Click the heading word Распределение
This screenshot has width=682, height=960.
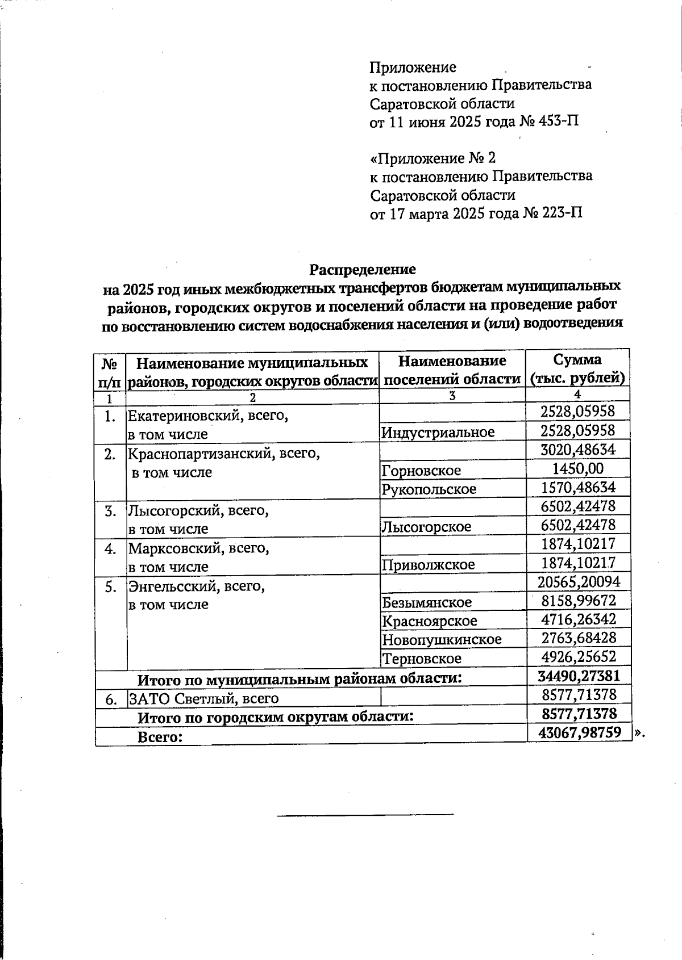click(x=363, y=269)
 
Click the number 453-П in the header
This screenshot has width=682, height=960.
click(x=561, y=121)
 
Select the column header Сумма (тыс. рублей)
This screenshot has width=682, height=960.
click(x=577, y=368)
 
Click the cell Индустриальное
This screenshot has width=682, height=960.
click(x=438, y=432)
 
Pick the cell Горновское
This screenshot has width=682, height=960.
click(x=421, y=470)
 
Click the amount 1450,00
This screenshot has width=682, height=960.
click(x=577, y=468)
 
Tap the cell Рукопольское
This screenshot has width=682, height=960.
click(x=429, y=489)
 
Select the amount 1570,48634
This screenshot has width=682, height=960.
click(x=577, y=487)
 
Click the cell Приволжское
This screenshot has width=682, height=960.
click(x=428, y=564)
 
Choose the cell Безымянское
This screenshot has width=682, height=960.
click(x=427, y=602)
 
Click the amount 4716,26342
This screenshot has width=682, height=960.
click(x=578, y=619)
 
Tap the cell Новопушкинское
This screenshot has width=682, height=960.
click(x=442, y=640)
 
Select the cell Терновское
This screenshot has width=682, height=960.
click(x=421, y=659)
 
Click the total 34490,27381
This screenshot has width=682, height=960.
click(x=578, y=676)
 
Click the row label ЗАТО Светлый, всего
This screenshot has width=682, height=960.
click(x=203, y=698)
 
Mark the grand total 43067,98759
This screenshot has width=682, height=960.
click(x=579, y=732)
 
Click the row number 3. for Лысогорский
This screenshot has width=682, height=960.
click(x=110, y=511)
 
